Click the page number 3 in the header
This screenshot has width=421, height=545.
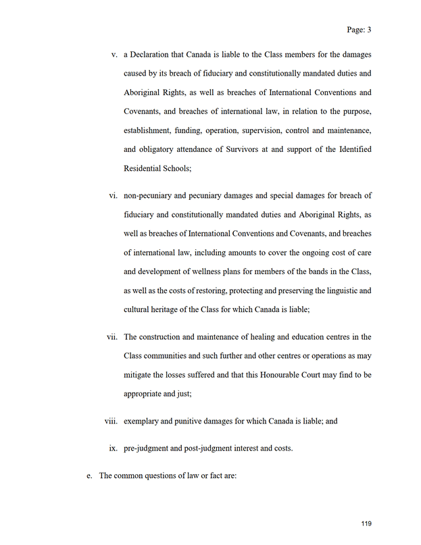[x=370, y=30]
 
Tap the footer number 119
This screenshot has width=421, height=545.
[x=367, y=523]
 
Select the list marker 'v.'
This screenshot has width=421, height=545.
[x=114, y=54]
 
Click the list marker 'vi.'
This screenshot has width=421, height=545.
[x=114, y=196]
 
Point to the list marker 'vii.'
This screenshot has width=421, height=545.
[x=112, y=336]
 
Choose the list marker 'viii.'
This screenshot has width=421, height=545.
[x=112, y=421]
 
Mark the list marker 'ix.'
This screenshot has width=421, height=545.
[x=114, y=449]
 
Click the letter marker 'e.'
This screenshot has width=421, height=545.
[x=89, y=475]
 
